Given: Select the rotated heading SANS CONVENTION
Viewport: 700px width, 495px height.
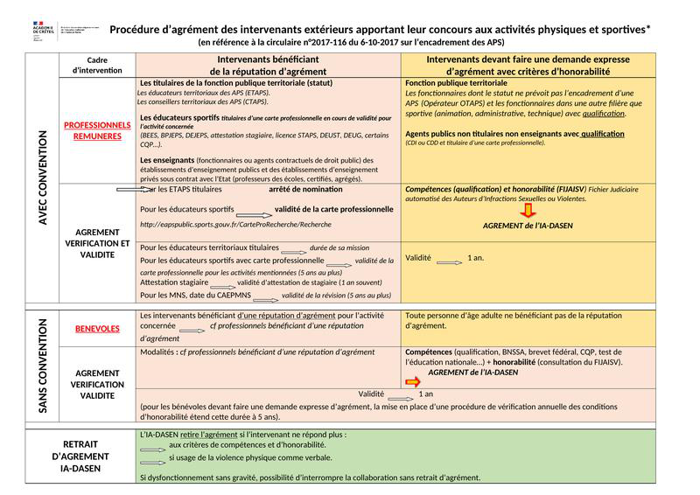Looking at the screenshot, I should (x=41, y=366).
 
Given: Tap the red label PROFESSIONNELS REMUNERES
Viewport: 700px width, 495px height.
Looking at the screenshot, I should (x=97, y=130).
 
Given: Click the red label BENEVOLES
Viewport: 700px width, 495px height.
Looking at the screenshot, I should (x=97, y=329).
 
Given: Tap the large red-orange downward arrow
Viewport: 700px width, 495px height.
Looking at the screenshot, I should (x=528, y=210).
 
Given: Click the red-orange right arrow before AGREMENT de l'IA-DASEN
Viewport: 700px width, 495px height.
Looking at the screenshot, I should (x=412, y=382).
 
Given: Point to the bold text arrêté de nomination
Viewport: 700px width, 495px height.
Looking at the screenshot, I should (x=305, y=189).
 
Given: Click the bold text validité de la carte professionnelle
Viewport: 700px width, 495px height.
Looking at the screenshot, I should (x=333, y=210).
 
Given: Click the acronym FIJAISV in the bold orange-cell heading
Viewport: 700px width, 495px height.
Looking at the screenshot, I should (x=570, y=189).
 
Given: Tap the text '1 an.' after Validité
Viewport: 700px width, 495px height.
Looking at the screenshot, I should (x=476, y=258).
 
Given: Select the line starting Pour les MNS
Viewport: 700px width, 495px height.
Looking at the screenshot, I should (x=266, y=296).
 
